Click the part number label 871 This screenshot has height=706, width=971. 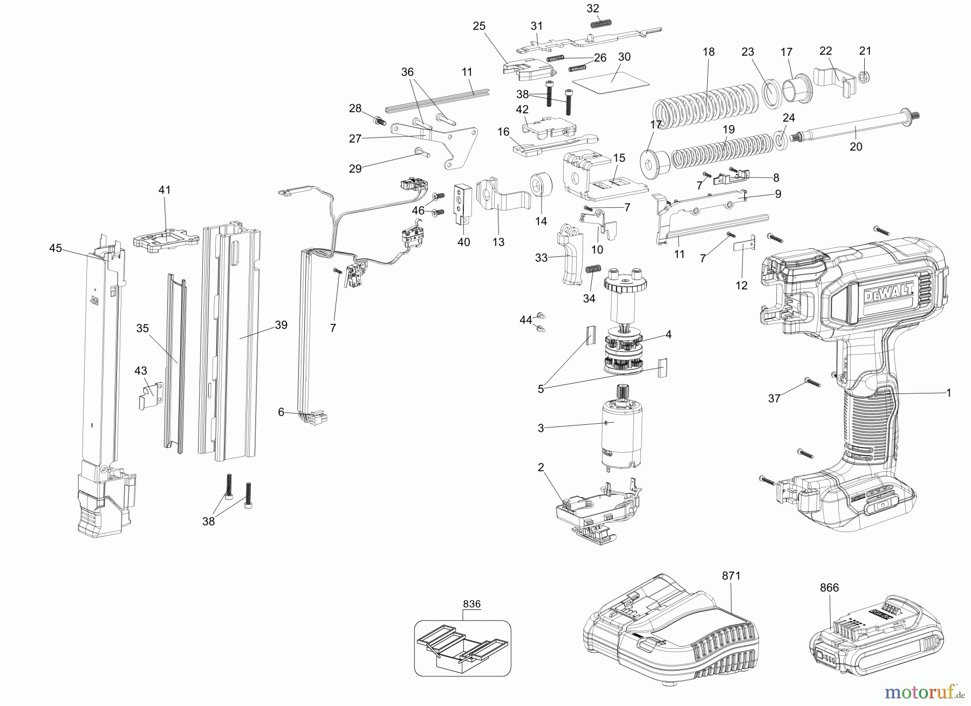tap(731, 576)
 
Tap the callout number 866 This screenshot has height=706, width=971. tap(829, 588)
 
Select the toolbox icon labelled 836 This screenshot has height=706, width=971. tap(462, 648)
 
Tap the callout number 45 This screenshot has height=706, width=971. tap(56, 248)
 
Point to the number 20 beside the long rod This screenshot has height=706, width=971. tap(856, 146)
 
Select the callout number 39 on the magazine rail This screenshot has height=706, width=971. tap(281, 325)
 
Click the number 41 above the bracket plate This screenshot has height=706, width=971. tap(165, 190)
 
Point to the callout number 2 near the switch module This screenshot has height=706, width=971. tap(541, 467)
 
